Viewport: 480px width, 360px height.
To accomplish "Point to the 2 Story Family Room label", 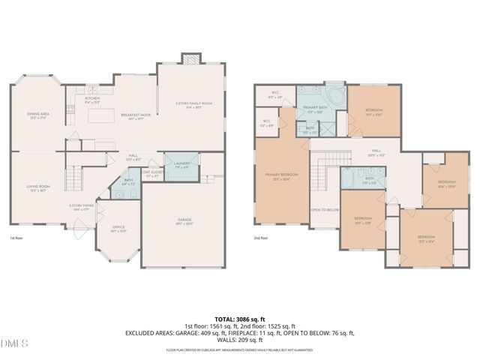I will [x=193, y=104].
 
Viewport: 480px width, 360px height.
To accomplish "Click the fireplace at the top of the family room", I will [x=191, y=59].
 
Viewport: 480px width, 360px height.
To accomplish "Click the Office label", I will [x=118, y=229].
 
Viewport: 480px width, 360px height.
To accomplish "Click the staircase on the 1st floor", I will [x=73, y=180].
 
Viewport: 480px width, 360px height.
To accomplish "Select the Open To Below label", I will [x=325, y=211].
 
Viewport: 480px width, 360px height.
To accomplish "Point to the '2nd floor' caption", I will [x=262, y=238].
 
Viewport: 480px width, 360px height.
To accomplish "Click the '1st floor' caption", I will [x=16, y=238].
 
